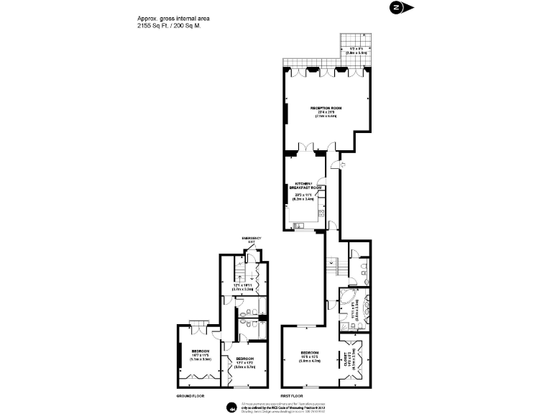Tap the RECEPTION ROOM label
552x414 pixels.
[326, 108]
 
